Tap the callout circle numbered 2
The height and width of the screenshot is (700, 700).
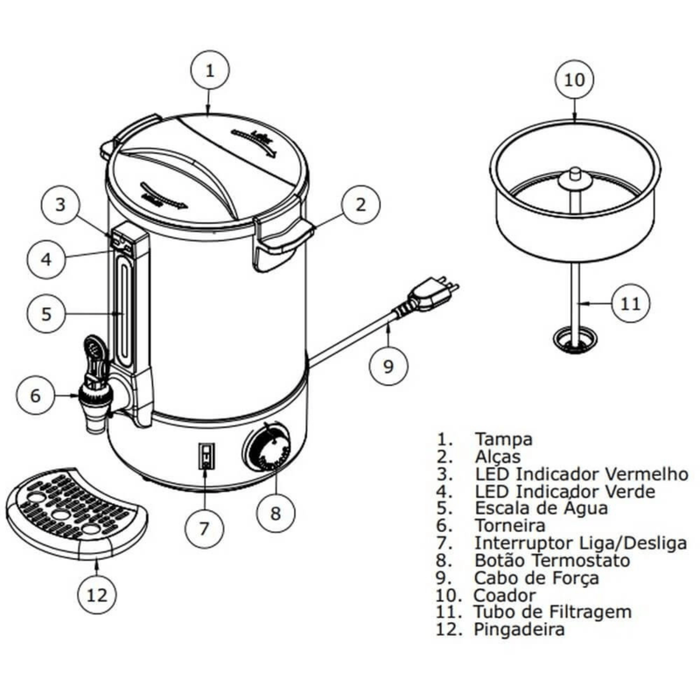pyautogui.click(x=359, y=206)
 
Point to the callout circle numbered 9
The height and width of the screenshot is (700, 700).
pyautogui.click(x=388, y=366)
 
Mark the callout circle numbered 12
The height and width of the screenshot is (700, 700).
pyautogui.click(x=97, y=595)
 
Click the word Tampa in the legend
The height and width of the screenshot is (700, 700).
pyautogui.click(x=503, y=438)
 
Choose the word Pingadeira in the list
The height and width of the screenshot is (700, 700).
pyautogui.click(x=519, y=629)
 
